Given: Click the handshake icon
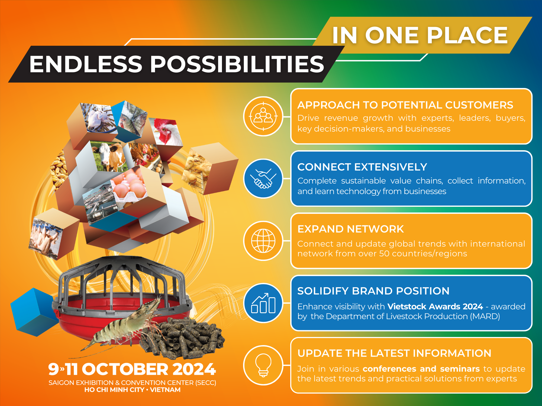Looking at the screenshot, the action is pyautogui.click(x=263, y=178).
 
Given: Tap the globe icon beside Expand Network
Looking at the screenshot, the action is pyautogui.click(x=263, y=241).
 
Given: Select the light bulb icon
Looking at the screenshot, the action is pyautogui.click(x=263, y=365).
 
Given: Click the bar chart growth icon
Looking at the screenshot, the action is pyautogui.click(x=263, y=303).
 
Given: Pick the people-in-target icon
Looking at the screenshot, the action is pyautogui.click(x=263, y=116).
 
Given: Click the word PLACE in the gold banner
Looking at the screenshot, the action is pyautogui.click(x=467, y=35).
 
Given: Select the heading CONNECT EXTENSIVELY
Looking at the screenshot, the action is pyautogui.click(x=362, y=167).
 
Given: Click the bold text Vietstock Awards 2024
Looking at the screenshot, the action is pyautogui.click(x=435, y=306).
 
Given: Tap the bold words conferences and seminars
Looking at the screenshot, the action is pyautogui.click(x=421, y=369).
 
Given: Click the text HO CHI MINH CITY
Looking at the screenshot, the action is pyautogui.click(x=114, y=390).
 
